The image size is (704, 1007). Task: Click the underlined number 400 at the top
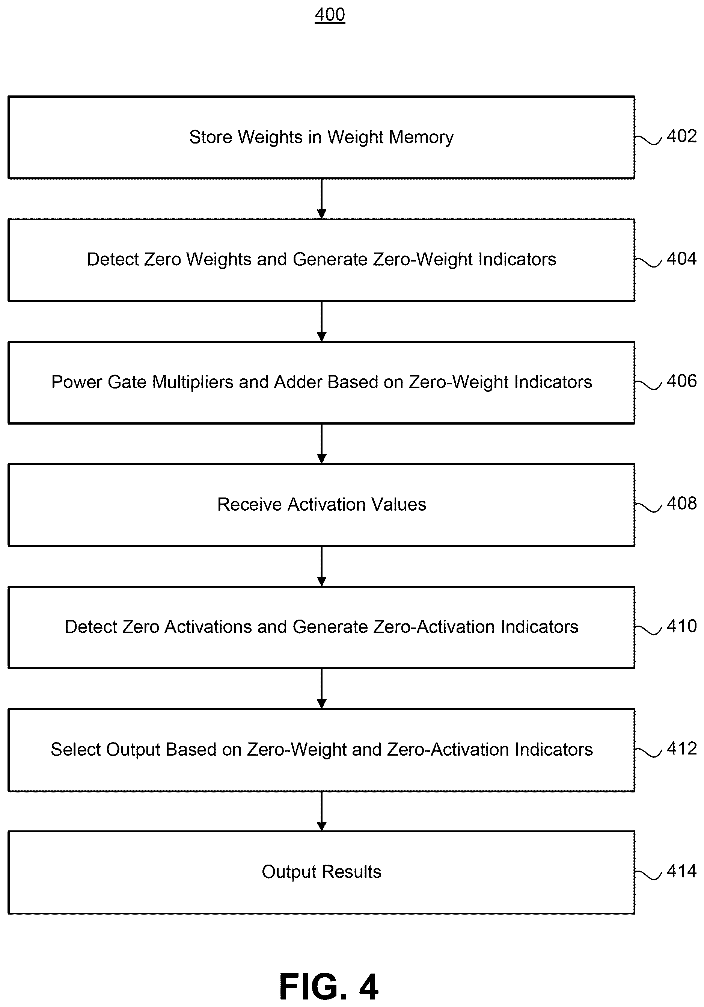pos(330,15)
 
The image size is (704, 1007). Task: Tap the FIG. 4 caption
pos(329,986)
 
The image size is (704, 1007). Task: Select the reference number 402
pos(681,136)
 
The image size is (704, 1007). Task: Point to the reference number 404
pos(681,259)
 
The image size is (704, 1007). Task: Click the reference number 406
pos(681,381)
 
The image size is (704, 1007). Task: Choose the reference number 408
pos(681,503)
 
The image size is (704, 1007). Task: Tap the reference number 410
pos(681,626)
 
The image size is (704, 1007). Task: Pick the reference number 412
pos(681,748)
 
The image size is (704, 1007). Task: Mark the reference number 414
pos(681,871)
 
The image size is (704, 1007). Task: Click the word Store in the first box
pos(210,137)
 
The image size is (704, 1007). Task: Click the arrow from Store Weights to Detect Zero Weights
pos(321,199)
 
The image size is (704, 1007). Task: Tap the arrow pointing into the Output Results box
pos(321,811)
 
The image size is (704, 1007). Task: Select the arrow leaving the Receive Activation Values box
pos(321,566)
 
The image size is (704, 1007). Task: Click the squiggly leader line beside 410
pos(648,630)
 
